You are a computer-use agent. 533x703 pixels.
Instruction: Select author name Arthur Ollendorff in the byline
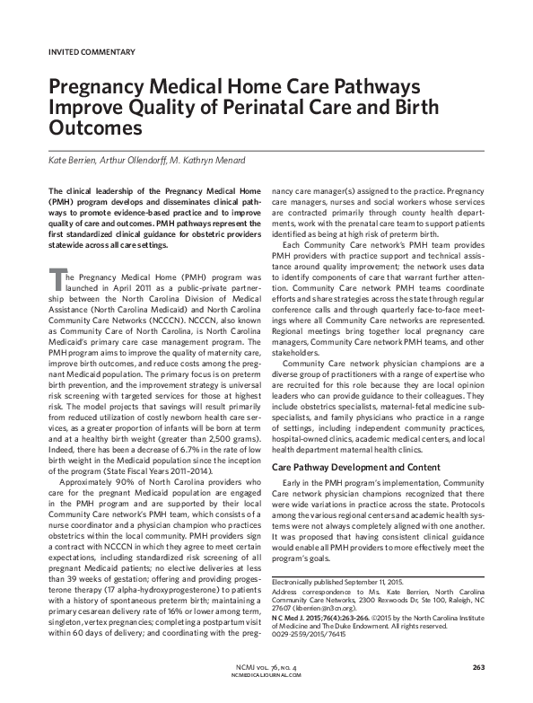pos(137,161)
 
